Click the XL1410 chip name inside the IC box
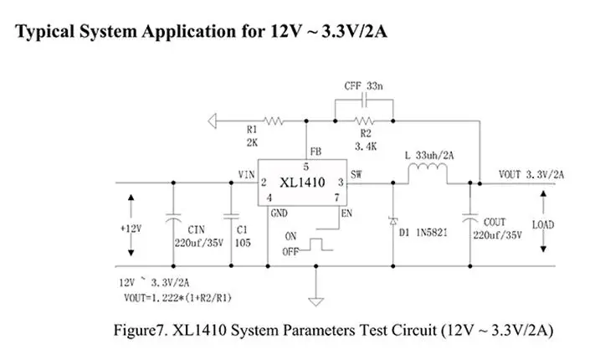[302, 183]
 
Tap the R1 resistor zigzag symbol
[273, 121]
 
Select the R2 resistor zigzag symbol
[364, 121]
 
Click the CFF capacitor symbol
[364, 100]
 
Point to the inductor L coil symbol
[428, 169]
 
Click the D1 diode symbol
[393, 221]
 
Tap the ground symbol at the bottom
[316, 301]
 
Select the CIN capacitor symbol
[173, 218]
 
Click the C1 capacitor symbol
[231, 217]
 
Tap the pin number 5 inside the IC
[306, 167]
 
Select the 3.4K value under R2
[366, 147]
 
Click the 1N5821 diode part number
[432, 233]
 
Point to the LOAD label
[543, 225]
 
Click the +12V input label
[131, 229]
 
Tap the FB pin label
[315, 152]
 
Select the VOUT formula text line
[177, 298]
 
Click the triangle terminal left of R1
[212, 121]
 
